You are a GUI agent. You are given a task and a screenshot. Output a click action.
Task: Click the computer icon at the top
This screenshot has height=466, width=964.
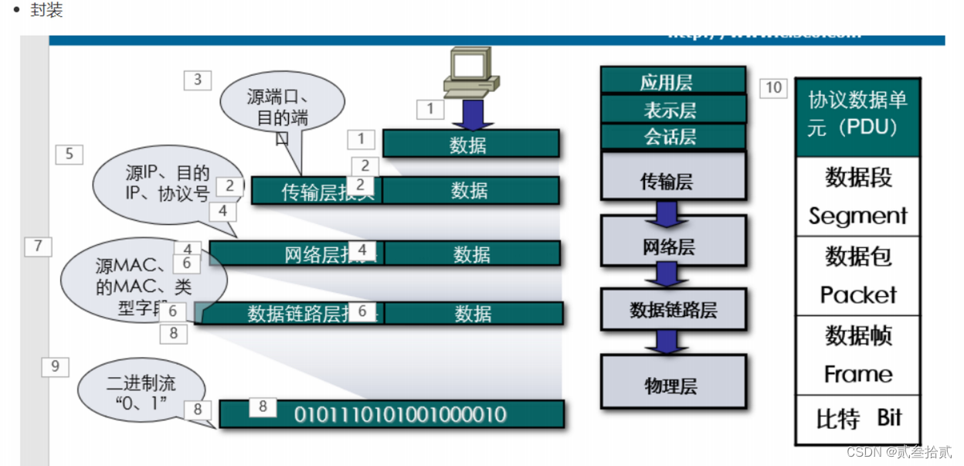[470, 71]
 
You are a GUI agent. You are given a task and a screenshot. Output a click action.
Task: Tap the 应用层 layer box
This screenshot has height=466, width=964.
[672, 81]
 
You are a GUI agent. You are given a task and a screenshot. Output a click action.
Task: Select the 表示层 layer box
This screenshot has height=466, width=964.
[672, 110]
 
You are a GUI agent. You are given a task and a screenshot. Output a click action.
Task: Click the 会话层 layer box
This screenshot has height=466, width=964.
[672, 138]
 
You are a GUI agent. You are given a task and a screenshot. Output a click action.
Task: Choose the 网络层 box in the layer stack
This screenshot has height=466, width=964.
[672, 247]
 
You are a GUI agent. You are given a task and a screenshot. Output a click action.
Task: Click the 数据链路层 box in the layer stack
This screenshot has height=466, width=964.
[672, 310]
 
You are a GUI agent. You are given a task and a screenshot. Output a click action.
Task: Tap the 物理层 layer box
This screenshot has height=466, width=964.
[672, 384]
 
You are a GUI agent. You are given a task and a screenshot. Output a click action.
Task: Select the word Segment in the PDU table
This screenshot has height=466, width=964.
[857, 216]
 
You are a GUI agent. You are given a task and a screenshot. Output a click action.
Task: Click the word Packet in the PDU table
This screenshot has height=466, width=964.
[857, 294]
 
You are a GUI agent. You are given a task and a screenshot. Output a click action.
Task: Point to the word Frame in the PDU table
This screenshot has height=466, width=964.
[857, 374]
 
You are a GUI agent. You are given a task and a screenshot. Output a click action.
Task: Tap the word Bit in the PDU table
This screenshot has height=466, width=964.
[889, 418]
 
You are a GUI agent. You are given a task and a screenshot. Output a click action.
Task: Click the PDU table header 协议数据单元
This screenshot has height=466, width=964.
[857, 113]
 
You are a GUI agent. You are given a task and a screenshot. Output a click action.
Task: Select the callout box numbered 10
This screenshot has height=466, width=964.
[773, 88]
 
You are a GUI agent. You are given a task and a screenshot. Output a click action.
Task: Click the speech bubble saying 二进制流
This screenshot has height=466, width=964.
[141, 391]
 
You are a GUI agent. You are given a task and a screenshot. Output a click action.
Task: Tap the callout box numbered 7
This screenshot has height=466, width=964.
[38, 247]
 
